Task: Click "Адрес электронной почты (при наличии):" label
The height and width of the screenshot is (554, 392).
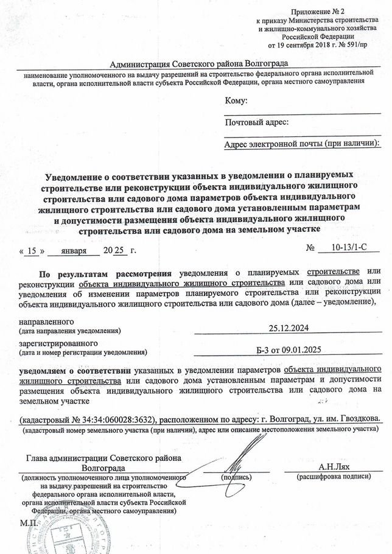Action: (302, 144)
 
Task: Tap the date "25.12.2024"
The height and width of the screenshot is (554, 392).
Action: (289, 329)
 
